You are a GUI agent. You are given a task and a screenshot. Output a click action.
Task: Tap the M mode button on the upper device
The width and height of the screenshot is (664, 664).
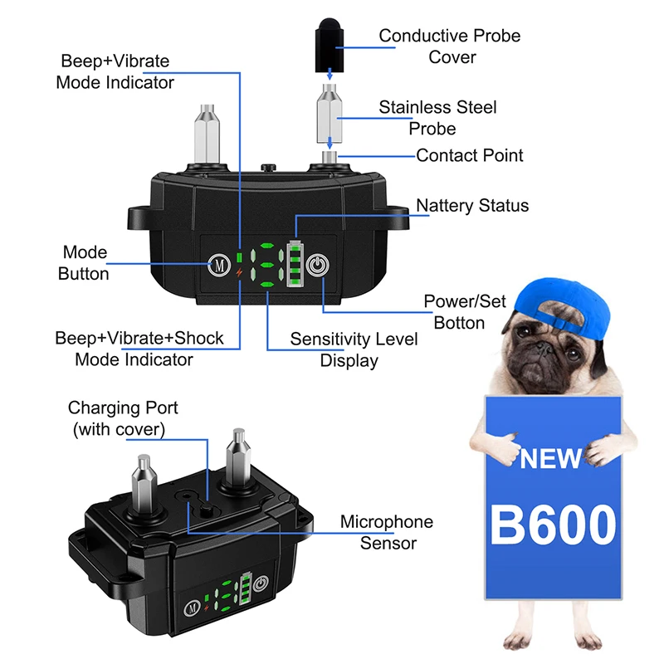219,266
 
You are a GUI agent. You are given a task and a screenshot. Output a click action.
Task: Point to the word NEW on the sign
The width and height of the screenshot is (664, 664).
551,458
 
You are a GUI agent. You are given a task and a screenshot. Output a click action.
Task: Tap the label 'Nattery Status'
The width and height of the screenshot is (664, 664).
472,205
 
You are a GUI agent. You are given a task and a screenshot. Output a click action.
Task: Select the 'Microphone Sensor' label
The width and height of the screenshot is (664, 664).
387,532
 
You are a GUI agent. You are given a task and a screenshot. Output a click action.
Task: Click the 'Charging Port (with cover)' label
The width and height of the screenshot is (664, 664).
123,418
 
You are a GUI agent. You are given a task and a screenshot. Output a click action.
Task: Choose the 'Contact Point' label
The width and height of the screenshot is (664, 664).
470,155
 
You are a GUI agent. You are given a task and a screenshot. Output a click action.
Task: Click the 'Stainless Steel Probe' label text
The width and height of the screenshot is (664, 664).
437,118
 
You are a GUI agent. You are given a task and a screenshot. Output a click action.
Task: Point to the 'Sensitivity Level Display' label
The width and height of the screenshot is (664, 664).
354,349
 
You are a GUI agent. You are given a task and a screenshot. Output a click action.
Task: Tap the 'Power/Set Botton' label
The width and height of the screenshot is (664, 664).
464,311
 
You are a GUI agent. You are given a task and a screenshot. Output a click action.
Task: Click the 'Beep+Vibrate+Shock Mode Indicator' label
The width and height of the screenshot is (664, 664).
139,349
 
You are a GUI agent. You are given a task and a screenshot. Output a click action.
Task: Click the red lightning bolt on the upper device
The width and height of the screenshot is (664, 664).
240,273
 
